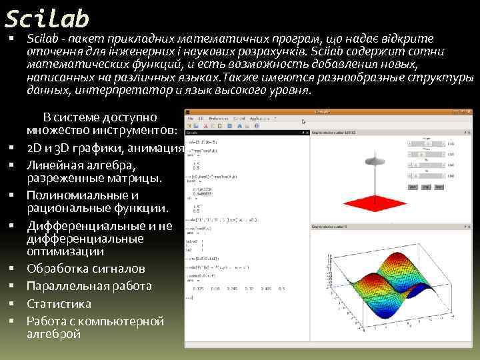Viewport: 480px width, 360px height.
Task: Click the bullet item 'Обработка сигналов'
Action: point(85,269)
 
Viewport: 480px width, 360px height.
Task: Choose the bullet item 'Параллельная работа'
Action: point(89,286)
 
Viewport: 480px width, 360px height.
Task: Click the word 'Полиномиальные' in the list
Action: point(82,195)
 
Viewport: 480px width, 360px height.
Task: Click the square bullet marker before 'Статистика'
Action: point(12,303)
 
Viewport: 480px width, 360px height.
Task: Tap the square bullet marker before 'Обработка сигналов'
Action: point(12,269)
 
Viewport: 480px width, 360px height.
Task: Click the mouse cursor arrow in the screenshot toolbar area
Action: point(305,121)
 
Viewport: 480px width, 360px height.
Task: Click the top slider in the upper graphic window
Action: point(427,143)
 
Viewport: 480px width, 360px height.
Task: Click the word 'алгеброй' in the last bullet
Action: point(53,334)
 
